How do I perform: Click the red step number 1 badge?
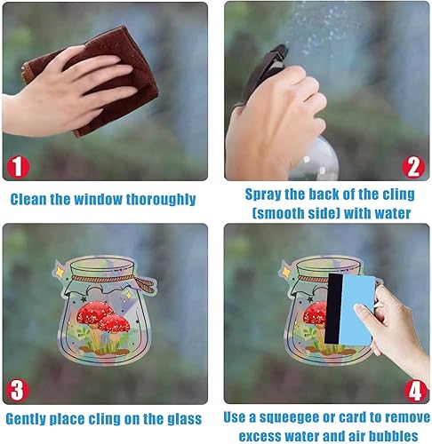click(18, 166)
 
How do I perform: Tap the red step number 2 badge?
click(412, 166)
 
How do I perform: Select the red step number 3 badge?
click(18, 387)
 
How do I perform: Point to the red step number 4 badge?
click(412, 387)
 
